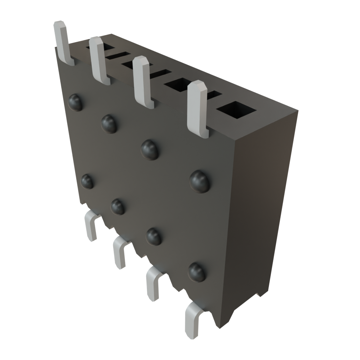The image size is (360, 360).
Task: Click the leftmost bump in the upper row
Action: [x=76, y=102]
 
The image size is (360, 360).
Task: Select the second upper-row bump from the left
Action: [x=109, y=123]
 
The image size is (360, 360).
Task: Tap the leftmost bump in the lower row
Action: [x=87, y=181]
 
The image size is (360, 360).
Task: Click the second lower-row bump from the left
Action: [x=118, y=206]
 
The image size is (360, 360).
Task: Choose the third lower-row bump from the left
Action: [x=154, y=236]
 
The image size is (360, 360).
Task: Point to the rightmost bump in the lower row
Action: [x=197, y=272]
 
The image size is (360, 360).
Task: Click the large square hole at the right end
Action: [x=236, y=111]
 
